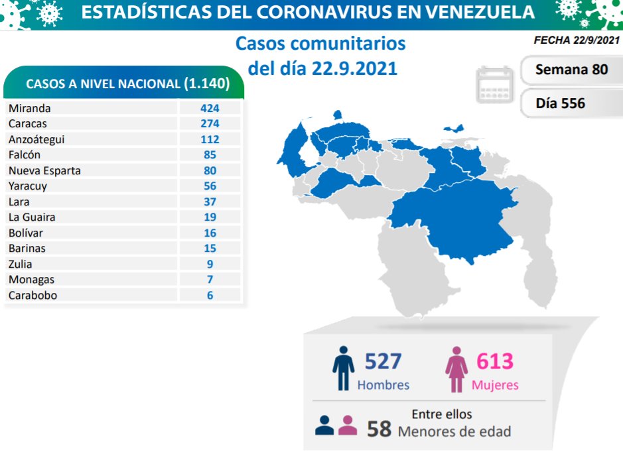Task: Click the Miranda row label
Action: (x=29, y=108)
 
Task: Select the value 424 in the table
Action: (x=210, y=108)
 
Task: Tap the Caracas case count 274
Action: (x=210, y=123)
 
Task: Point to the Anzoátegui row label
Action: (x=36, y=139)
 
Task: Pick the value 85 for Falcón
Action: (x=210, y=155)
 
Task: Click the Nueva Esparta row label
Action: (x=44, y=170)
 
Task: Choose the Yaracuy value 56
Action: (x=210, y=186)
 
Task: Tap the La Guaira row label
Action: (x=32, y=217)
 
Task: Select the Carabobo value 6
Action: (x=210, y=296)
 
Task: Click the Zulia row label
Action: (x=20, y=264)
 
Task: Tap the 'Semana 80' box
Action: (x=571, y=69)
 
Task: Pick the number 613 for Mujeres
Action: (x=495, y=362)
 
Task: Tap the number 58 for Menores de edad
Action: (x=380, y=429)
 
